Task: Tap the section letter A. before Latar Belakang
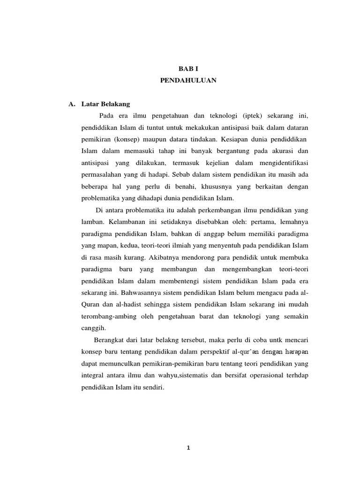point(71,104)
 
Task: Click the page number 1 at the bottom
point(187,448)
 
